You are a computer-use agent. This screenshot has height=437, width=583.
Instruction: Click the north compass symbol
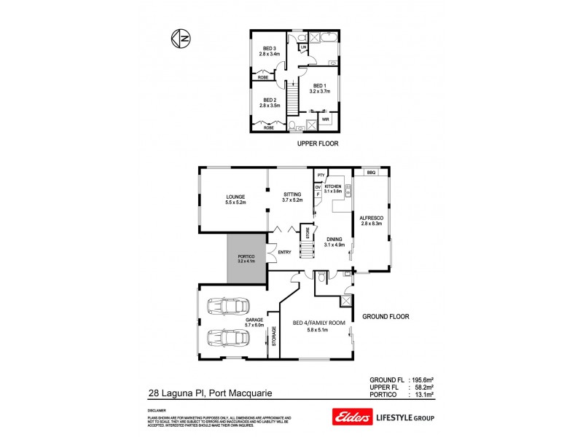pyautogui.click(x=179, y=38)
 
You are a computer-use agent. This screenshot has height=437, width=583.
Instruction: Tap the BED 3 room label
pyautogui.click(x=269, y=51)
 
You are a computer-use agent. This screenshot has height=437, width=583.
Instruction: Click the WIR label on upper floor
pyautogui.click(x=326, y=119)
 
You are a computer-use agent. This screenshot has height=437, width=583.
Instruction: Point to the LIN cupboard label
pyautogui.click(x=302, y=48)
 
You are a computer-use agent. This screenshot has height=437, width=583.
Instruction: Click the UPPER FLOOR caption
pyautogui.click(x=318, y=144)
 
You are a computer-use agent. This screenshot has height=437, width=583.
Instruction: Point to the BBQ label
pyautogui.click(x=371, y=173)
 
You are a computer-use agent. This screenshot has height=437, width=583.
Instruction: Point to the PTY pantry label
pyautogui.click(x=320, y=175)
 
